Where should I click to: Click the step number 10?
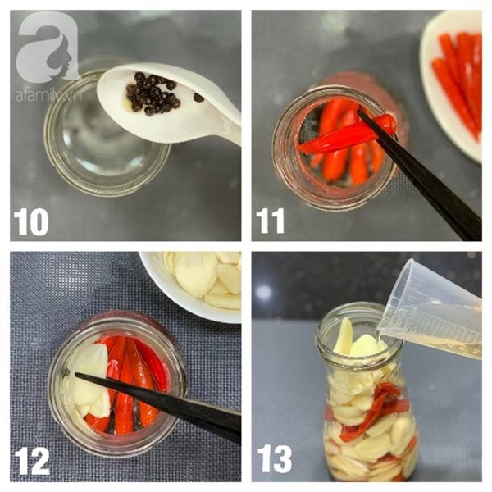[31, 222]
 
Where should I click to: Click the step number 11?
[270, 221]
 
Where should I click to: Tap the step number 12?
[32, 462]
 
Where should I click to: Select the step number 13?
[275, 460]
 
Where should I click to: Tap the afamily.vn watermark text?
[48, 96]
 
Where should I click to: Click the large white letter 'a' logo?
[47, 47]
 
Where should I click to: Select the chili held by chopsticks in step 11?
[345, 136]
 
